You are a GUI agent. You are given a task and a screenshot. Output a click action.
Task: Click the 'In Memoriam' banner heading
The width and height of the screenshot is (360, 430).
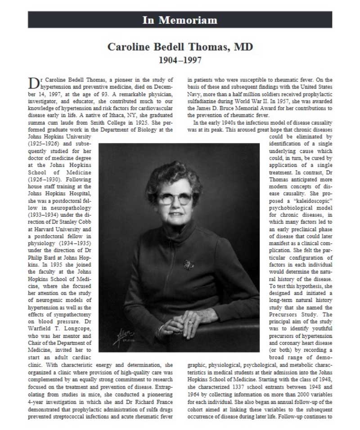tap(180, 20)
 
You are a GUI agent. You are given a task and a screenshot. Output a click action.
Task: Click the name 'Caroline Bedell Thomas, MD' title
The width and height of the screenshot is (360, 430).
tap(180, 47)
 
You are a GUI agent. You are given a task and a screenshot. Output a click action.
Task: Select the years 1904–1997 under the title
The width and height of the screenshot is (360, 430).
tap(180, 59)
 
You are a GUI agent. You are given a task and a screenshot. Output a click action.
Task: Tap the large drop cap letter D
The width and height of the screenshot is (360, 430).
tap(34, 83)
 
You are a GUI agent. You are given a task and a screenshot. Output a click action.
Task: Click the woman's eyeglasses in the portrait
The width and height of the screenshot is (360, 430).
tap(175, 198)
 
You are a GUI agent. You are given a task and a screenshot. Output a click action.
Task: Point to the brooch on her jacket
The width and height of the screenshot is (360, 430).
tap(188, 265)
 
